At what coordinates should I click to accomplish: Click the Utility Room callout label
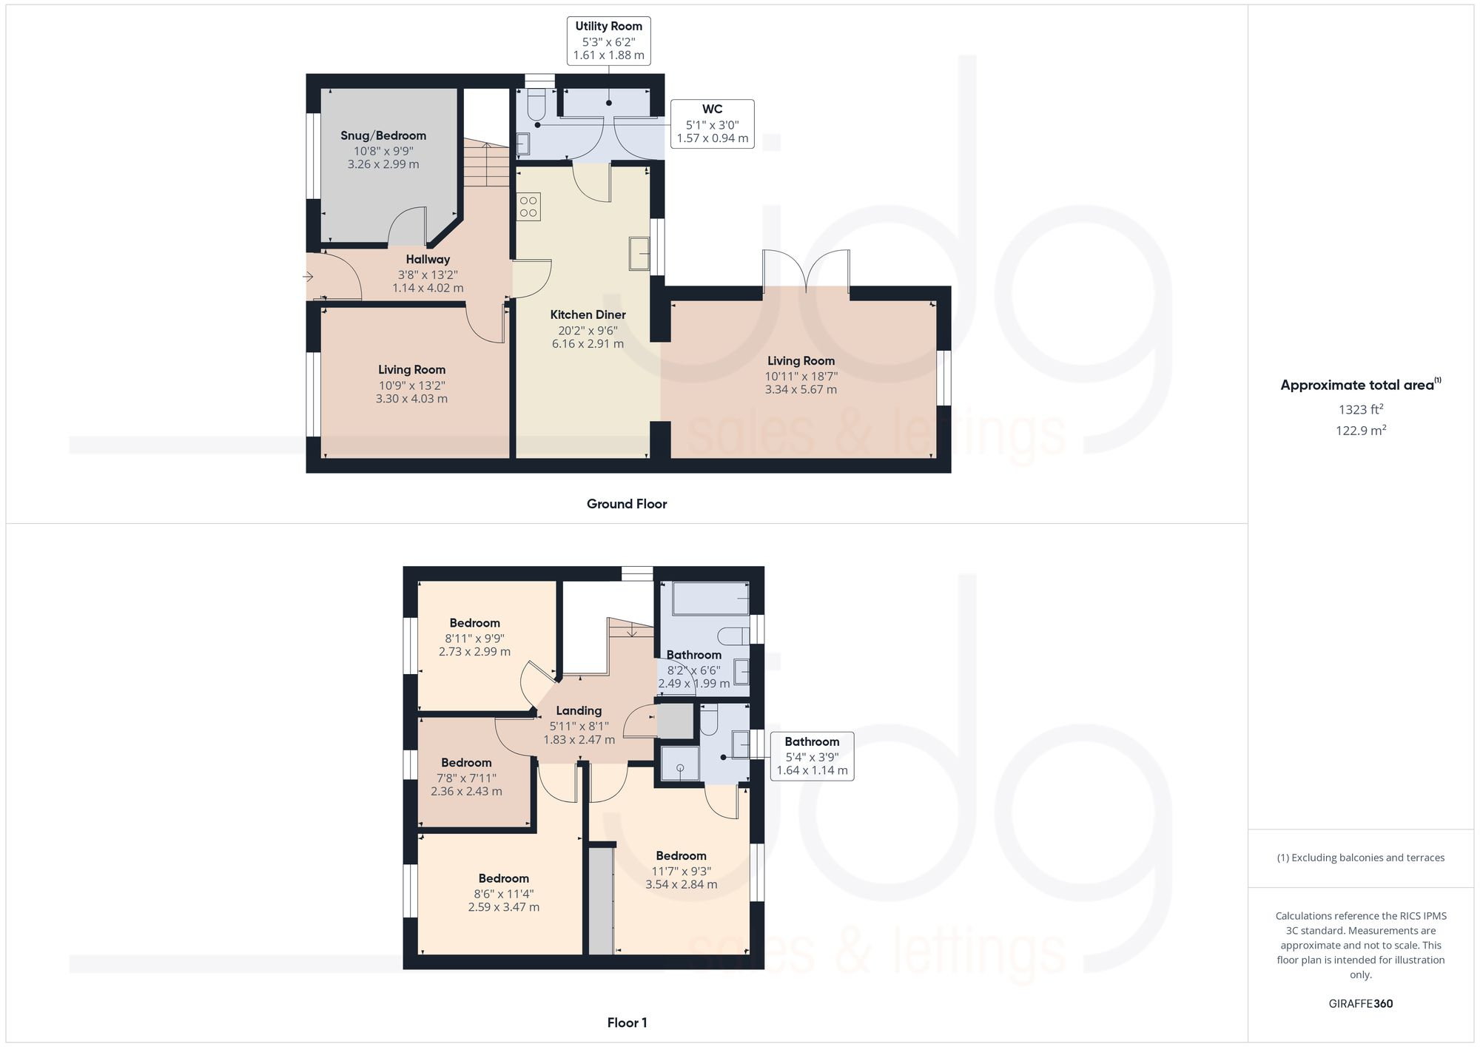pyautogui.click(x=608, y=41)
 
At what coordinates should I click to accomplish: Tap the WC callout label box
pyautogui.click(x=712, y=124)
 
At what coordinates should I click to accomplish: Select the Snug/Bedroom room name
pyautogui.click(x=383, y=136)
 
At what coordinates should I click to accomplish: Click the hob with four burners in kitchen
pyautogui.click(x=528, y=206)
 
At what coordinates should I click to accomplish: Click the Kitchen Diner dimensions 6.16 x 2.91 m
pyautogui.click(x=588, y=344)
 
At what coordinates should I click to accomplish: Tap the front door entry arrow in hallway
pyautogui.click(x=308, y=277)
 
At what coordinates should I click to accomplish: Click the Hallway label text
pyautogui.click(x=427, y=260)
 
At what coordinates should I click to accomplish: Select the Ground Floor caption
pyautogui.click(x=626, y=504)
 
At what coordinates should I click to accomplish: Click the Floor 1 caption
pyautogui.click(x=626, y=1023)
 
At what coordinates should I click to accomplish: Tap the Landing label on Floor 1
pyautogui.click(x=579, y=711)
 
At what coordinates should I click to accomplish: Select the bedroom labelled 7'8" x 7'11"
pyautogui.click(x=466, y=777)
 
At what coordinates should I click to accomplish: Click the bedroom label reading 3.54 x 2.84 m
pyautogui.click(x=681, y=884)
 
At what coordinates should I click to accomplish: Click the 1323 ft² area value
pyautogui.click(x=1360, y=409)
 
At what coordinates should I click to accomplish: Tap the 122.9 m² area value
pyautogui.click(x=1360, y=431)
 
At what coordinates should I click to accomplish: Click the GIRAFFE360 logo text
pyautogui.click(x=1360, y=1004)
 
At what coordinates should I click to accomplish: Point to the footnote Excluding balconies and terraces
pyautogui.click(x=1360, y=858)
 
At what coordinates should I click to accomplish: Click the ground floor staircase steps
pyautogui.click(x=486, y=165)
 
